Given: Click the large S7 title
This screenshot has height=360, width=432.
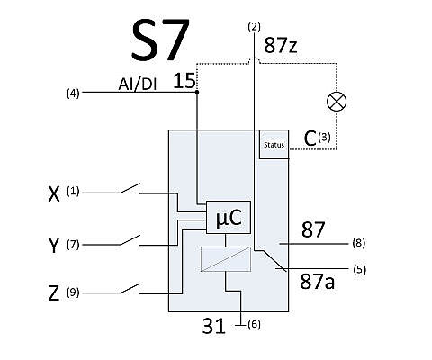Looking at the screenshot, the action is (161, 40).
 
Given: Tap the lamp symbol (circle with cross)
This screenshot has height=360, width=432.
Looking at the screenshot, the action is (337, 102).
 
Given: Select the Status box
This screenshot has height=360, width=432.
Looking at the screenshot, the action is (274, 145).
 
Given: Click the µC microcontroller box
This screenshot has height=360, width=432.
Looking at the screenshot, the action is (229, 218).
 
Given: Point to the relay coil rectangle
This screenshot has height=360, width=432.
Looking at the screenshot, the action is (226, 259).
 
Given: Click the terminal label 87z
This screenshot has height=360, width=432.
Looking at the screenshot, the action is (281, 46).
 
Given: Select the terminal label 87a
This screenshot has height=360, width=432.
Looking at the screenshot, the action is (317, 282).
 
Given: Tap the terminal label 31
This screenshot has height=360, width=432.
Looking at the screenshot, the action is (213, 326).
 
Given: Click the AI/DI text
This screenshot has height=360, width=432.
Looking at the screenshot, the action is (138, 85).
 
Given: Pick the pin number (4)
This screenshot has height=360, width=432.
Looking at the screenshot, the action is (73, 94).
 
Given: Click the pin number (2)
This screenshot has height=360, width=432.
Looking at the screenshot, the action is (255, 27).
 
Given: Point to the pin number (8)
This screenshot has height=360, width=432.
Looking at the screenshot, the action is (359, 243).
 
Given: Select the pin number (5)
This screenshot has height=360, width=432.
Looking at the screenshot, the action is (359, 269).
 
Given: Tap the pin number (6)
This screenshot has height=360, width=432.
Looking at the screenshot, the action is (254, 324).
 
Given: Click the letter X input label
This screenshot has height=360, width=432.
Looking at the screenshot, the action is (54, 194).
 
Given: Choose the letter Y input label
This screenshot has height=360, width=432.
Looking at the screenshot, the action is (54, 245).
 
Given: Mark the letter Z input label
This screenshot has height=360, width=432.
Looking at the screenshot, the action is (54, 293).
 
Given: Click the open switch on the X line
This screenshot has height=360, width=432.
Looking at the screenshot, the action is (130, 188).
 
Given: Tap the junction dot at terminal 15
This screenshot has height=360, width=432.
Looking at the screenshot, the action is (197, 92).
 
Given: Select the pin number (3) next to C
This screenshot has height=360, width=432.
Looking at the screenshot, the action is (324, 137).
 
